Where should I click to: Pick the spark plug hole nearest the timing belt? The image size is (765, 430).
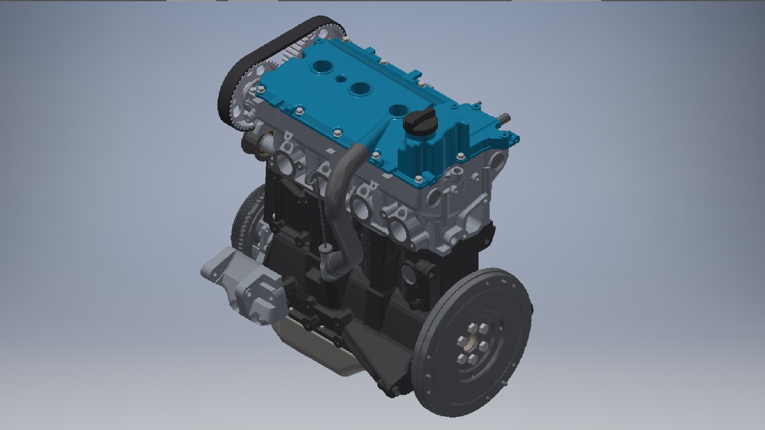tap(321, 68)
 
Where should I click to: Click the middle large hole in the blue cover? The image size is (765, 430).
tap(359, 88)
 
